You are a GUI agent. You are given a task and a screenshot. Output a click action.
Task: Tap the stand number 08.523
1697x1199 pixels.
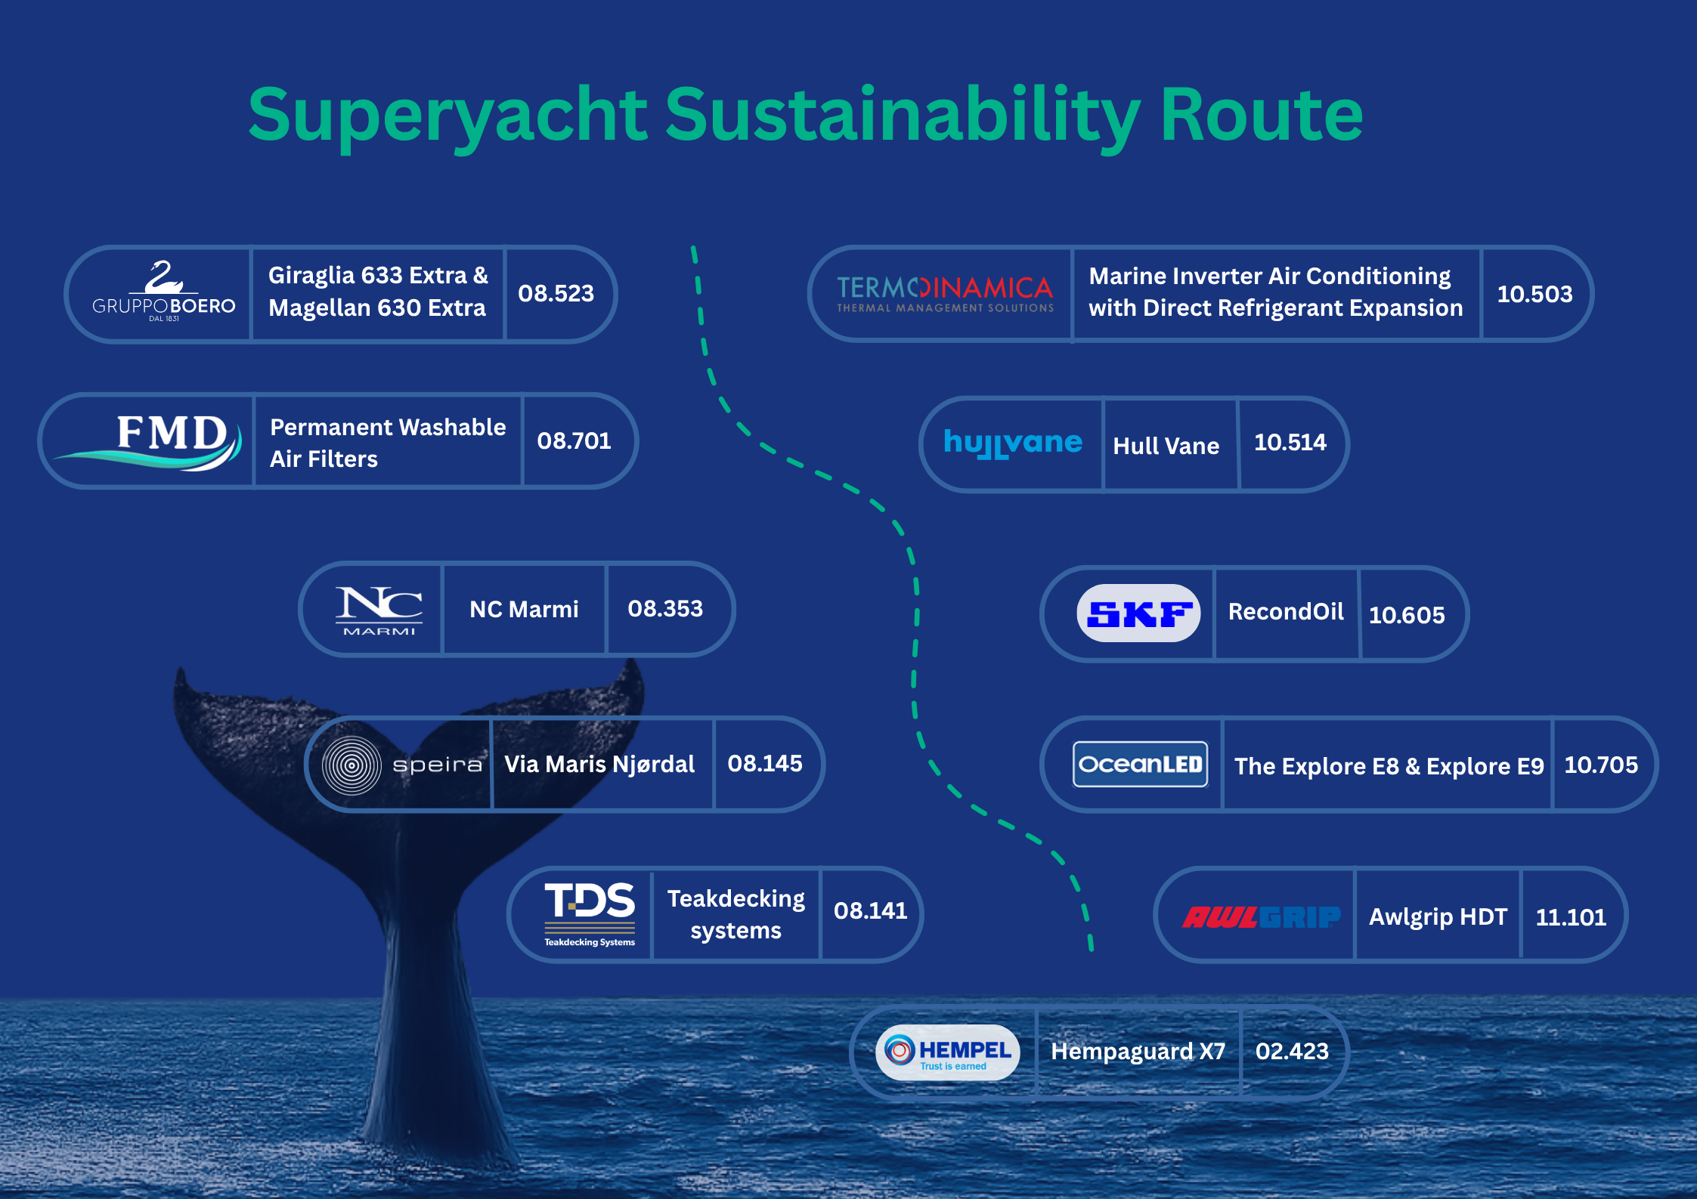pos(556,293)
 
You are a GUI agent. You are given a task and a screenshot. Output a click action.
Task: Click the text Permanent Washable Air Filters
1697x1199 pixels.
pos(387,443)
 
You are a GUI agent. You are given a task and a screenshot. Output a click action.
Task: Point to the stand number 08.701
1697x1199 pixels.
pos(574,440)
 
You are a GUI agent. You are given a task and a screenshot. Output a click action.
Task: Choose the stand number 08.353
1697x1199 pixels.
pos(665,608)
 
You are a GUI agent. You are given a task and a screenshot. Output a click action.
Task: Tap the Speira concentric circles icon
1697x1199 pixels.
pos(351,765)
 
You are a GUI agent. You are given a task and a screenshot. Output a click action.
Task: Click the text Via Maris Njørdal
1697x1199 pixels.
pos(599,764)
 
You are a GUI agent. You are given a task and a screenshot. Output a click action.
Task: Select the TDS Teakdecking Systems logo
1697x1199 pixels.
pos(590,913)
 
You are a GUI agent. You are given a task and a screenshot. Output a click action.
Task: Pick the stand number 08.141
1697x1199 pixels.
pos(870,910)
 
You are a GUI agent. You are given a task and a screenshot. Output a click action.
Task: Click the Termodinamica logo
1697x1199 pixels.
pos(945,293)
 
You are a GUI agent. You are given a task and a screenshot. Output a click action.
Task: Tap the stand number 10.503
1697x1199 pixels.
pos(1534,294)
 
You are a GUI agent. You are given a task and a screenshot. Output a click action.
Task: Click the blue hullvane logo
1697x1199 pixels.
pos(1013,443)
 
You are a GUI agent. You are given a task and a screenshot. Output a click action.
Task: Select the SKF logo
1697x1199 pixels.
pos(1138,613)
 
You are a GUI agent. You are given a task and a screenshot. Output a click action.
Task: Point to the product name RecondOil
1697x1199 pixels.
pos(1286,611)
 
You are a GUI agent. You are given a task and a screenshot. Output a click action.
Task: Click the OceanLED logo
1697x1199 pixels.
pos(1140,765)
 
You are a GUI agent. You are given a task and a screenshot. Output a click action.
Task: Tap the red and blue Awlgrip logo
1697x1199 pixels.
pos(1261,917)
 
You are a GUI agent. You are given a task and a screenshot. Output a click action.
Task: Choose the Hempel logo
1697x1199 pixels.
pos(948,1052)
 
